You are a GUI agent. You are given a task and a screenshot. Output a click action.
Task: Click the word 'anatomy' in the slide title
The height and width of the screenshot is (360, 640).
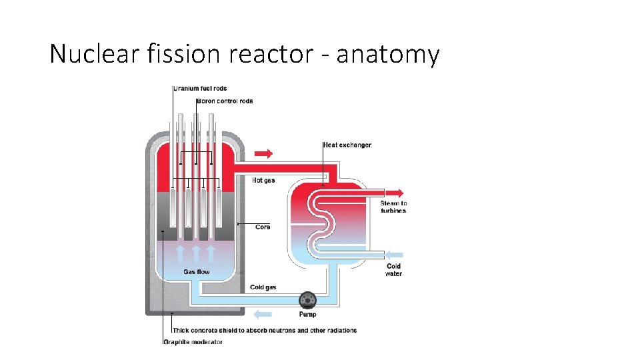click(x=387, y=54)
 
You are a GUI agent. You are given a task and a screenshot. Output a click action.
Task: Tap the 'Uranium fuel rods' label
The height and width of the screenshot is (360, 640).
click(x=201, y=89)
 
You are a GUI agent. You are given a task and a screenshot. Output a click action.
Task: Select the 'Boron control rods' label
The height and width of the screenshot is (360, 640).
click(x=225, y=101)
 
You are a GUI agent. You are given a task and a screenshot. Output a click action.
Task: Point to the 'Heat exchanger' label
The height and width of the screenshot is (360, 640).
click(x=347, y=145)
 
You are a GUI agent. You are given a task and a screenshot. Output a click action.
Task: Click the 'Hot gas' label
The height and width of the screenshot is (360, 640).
click(x=263, y=181)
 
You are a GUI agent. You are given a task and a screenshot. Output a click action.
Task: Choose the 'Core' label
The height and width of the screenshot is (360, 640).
click(x=263, y=227)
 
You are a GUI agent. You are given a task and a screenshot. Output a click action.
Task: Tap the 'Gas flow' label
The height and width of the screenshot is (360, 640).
click(x=197, y=271)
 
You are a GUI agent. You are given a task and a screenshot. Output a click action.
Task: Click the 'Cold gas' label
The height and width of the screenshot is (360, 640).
click(x=263, y=287)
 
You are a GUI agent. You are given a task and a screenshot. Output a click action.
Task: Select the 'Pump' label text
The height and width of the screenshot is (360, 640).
click(x=307, y=314)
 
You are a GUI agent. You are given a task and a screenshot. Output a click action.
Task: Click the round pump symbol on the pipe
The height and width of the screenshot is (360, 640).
click(x=307, y=299)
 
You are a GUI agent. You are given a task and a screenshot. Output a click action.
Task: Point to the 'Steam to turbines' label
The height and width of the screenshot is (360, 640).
click(x=393, y=207)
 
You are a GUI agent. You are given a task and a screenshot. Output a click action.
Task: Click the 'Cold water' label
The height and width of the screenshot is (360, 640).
click(x=393, y=269)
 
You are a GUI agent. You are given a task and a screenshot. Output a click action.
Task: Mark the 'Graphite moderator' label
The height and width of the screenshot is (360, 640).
click(x=193, y=342)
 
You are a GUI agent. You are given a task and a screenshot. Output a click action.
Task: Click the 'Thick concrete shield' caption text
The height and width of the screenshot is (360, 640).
click(x=265, y=330)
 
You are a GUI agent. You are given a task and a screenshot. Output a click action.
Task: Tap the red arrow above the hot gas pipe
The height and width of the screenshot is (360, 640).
click(x=264, y=153)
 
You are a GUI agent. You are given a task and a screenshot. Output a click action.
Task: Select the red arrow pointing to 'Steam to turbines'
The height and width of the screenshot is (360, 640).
click(x=395, y=193)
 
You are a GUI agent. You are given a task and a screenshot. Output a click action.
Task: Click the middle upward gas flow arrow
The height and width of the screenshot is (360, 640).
click(x=196, y=253)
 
